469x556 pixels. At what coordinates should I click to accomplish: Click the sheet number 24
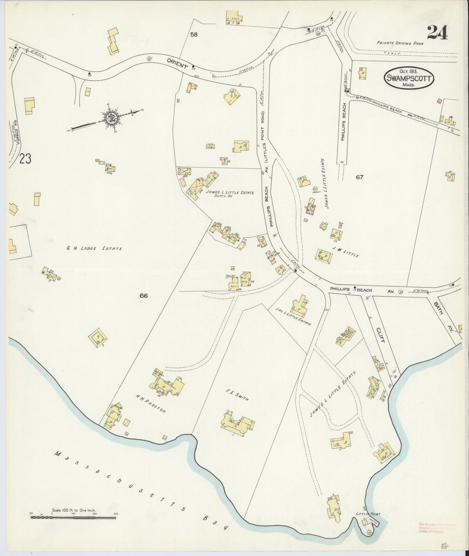pos(437,32)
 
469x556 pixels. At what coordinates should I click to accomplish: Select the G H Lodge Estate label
pos(94,248)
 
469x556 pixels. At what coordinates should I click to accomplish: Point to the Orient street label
pos(178,63)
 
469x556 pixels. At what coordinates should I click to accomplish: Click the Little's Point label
pos(368,514)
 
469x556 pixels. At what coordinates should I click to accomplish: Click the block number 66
pos(144,296)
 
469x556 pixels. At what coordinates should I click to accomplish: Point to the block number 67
pos(359,177)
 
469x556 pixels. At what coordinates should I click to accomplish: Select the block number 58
pos(194,34)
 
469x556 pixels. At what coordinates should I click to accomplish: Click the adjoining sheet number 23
pos(25,159)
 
